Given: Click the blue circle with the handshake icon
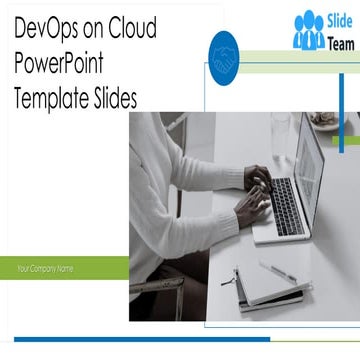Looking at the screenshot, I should point(225,56).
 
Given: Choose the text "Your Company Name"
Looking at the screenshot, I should point(45,268).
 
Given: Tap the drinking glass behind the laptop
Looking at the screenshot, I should point(281,130).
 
